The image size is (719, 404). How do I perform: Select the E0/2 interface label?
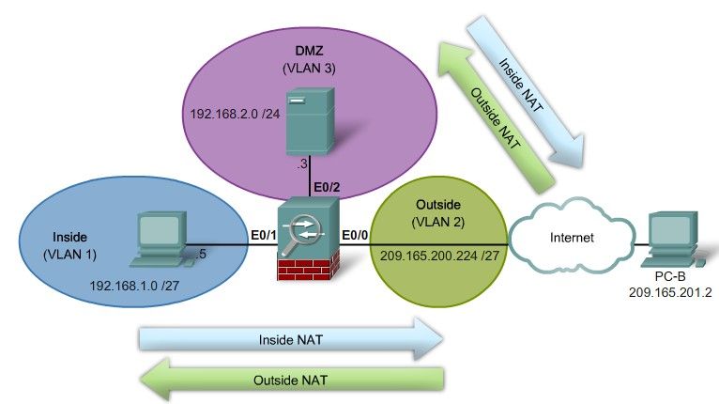tap(325, 186)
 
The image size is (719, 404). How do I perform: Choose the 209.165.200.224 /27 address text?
tap(437, 255)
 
